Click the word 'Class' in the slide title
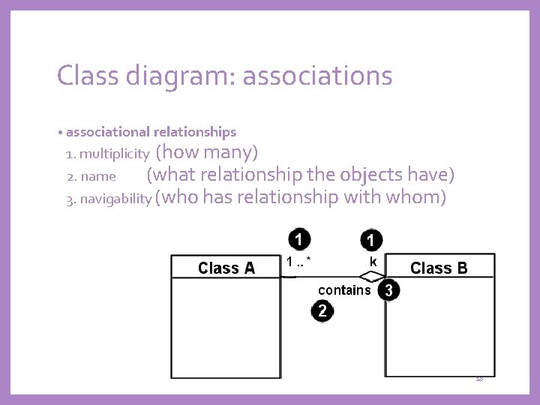click(x=86, y=75)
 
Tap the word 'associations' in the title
click(x=317, y=75)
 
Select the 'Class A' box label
click(x=226, y=268)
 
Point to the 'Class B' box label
click(x=439, y=268)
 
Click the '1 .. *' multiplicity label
click(x=298, y=261)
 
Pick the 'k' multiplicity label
click(x=373, y=261)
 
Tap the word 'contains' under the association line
click(x=344, y=289)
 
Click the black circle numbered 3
click(x=388, y=290)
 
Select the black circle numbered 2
click(x=322, y=310)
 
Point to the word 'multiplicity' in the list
click(x=114, y=154)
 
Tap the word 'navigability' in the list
click(x=117, y=199)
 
